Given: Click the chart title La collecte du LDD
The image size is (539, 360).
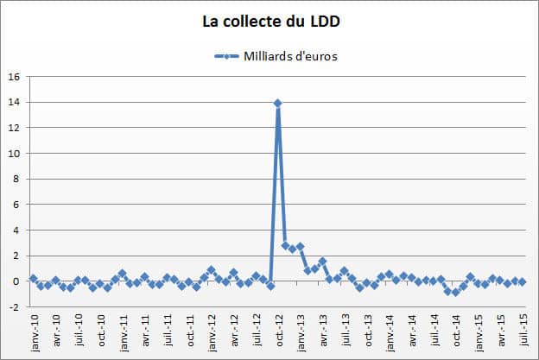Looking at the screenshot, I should click(269, 19).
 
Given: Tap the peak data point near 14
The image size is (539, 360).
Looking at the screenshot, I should click(278, 103).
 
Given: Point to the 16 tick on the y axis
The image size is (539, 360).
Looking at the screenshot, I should click(14, 77).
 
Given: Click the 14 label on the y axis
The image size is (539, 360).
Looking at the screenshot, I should click(14, 103).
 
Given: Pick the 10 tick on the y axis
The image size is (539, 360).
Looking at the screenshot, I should click(14, 154).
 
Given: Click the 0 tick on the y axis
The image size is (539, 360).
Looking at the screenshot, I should click(16, 281).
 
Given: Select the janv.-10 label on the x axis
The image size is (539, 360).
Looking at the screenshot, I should click(34, 330).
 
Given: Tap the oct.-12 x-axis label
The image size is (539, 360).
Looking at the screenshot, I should click(278, 329).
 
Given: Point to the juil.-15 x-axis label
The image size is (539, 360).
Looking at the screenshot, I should click(523, 329).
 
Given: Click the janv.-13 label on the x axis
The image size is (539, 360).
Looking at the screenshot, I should click(301, 330).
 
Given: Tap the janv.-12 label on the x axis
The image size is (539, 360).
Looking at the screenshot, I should click(212, 330).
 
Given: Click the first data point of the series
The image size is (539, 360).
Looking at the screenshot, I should click(33, 279).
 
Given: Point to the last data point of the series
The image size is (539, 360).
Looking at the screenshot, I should click(523, 281).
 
